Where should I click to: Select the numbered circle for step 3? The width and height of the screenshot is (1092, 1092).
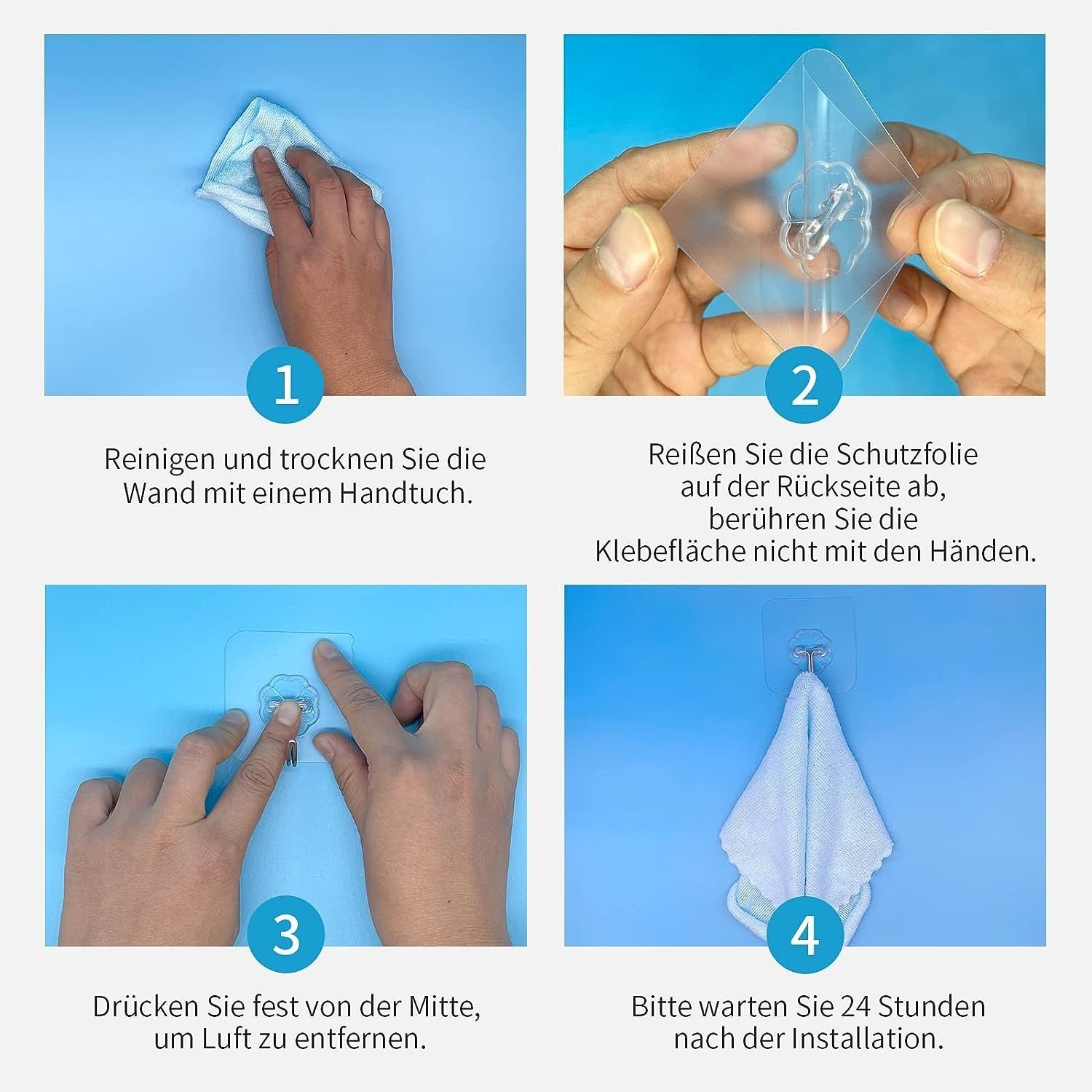pos(286,934)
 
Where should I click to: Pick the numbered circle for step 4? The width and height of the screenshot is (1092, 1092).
pos(804,934)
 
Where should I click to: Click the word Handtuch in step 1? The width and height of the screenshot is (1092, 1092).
pos(405,493)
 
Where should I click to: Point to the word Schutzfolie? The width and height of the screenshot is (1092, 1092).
pos(907,454)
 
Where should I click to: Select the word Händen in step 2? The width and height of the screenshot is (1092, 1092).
pos(982,551)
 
